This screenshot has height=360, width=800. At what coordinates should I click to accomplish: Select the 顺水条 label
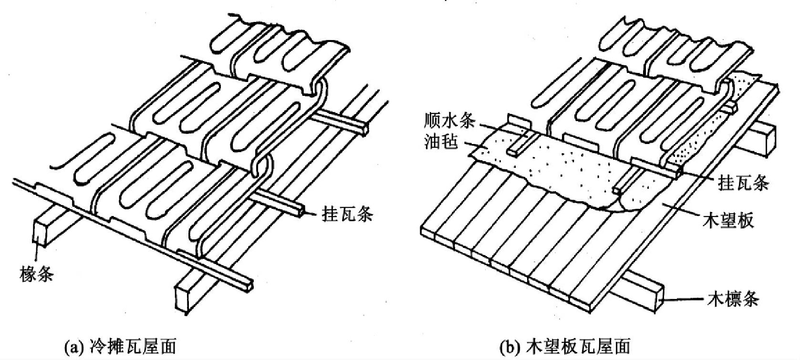(x=449, y=122)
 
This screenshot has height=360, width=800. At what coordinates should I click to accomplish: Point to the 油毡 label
(x=441, y=142)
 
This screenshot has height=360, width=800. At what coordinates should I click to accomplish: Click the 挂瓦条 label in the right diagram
(x=743, y=183)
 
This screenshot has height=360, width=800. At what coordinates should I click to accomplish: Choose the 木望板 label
(x=728, y=220)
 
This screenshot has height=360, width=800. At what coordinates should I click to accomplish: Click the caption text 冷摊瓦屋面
(x=128, y=346)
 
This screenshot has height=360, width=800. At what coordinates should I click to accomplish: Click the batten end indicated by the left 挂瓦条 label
(x=300, y=212)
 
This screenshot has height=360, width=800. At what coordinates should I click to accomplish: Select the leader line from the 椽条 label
(x=36, y=253)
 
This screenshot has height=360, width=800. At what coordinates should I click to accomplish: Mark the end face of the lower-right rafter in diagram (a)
(x=184, y=298)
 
